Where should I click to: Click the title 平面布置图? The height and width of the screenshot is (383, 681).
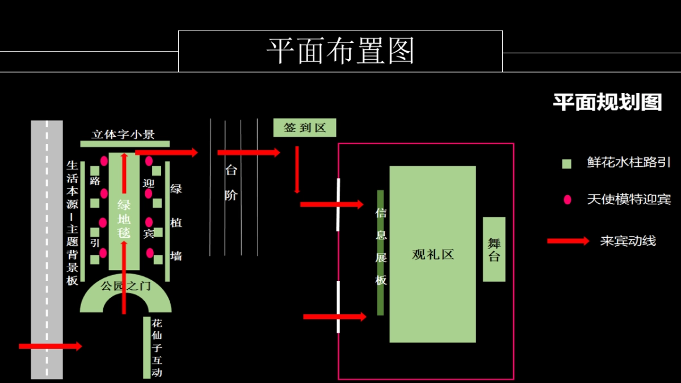click(x=340, y=51)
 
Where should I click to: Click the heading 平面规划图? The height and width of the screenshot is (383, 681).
click(x=607, y=102)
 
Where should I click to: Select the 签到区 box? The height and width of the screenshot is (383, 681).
click(x=305, y=128)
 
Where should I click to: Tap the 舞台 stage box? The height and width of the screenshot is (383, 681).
click(x=494, y=249)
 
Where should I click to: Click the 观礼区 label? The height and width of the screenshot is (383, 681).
click(x=433, y=254)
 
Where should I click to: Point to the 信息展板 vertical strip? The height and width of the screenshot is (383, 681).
click(x=381, y=252)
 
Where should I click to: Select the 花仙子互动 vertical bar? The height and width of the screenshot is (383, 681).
click(x=147, y=347)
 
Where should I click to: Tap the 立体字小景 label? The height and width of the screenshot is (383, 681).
click(x=124, y=134)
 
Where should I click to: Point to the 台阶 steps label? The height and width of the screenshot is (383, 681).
click(x=231, y=183)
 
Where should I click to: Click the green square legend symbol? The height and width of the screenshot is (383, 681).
click(x=566, y=164)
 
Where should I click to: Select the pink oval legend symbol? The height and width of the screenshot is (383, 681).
click(x=567, y=200)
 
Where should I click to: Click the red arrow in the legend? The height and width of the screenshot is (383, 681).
click(x=568, y=241)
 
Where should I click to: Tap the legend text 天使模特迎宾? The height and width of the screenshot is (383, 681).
click(x=628, y=200)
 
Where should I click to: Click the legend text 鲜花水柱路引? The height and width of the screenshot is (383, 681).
click(x=628, y=163)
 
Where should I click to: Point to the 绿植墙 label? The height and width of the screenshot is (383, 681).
click(x=176, y=222)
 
